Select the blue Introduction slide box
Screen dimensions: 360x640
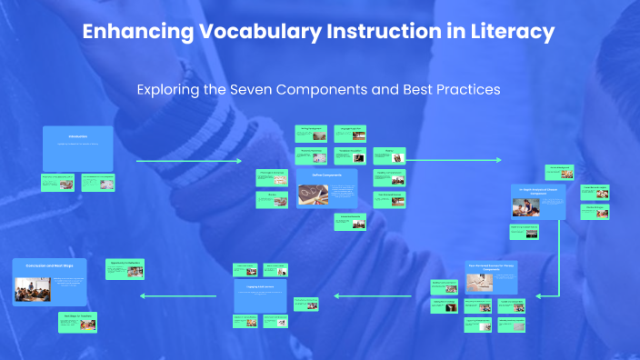point(78,148)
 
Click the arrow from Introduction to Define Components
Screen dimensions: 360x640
point(195,161)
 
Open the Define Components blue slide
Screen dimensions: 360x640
point(325,187)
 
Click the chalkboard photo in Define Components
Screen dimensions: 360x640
point(314,194)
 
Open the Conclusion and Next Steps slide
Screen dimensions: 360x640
point(50,282)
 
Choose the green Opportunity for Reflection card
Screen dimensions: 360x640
point(126,269)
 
